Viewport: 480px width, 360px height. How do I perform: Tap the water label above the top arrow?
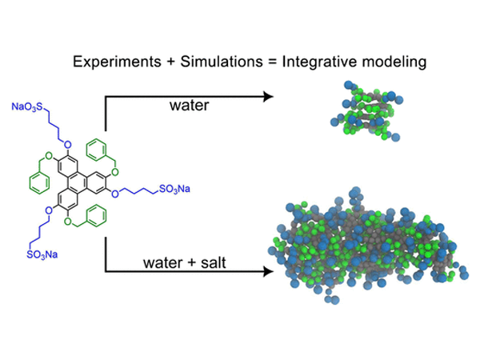coord(186,106)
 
